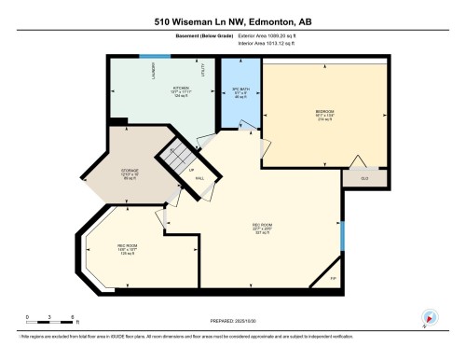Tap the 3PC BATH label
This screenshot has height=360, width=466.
[x=239, y=92]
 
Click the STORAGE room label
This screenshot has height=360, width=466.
[x=130, y=172]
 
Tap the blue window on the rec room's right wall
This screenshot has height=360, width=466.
[x=342, y=238]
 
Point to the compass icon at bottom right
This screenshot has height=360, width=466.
[x=429, y=317]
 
